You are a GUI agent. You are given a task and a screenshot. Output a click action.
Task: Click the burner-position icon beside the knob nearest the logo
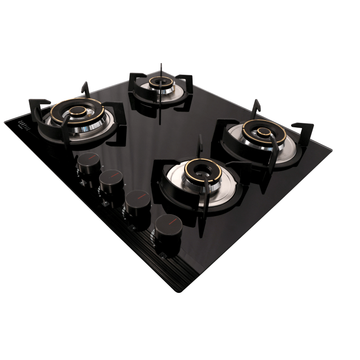click(81, 184)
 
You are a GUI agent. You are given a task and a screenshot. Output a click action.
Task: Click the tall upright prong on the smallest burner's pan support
click(160, 72)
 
